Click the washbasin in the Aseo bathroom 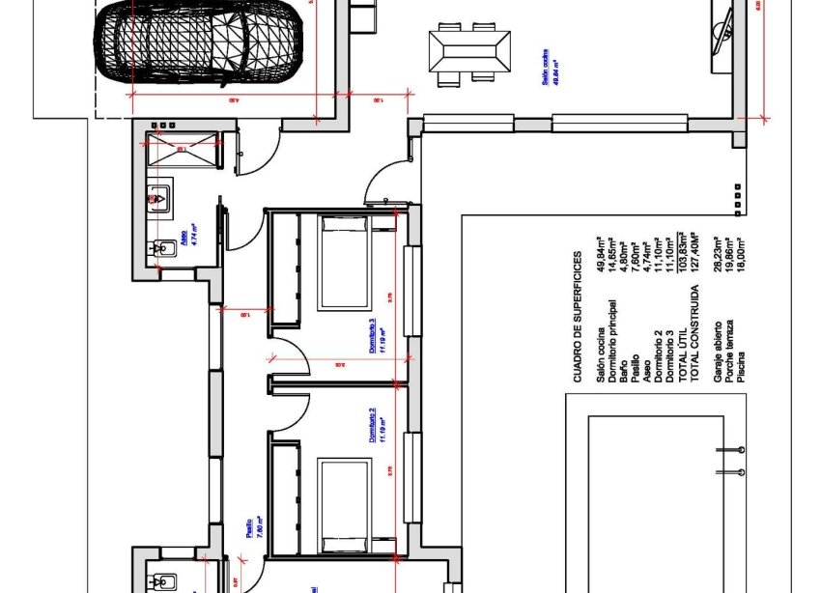[158, 198]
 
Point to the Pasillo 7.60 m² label [253, 531]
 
